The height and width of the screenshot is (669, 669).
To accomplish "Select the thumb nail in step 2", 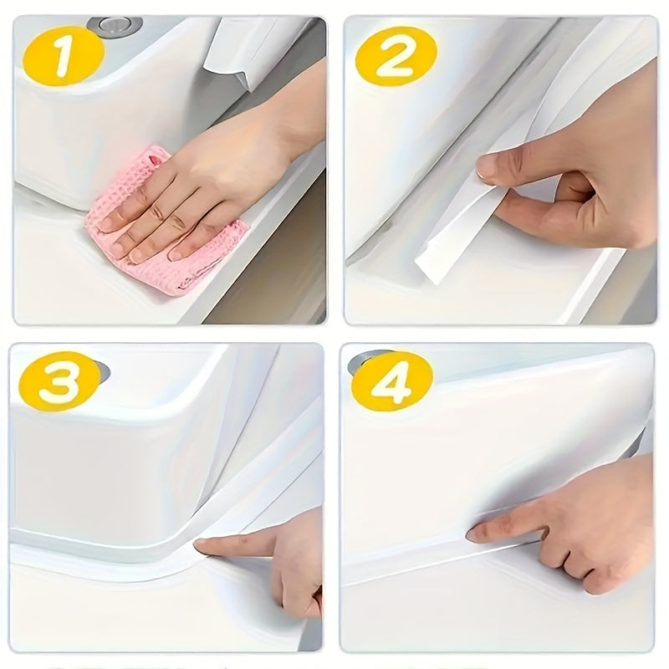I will point(488,166).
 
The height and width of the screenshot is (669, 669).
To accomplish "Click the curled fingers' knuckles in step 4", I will point(577,569).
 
